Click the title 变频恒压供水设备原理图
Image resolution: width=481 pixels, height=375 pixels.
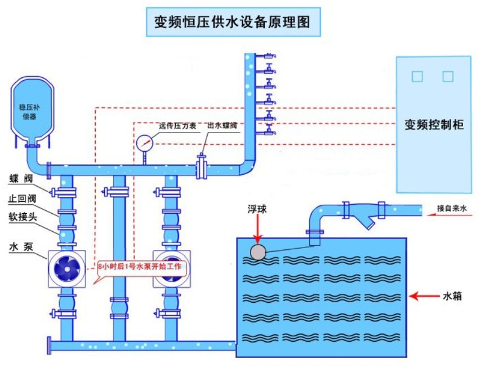(x=233, y=22)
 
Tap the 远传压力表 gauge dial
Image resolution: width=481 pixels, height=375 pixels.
(x=144, y=143)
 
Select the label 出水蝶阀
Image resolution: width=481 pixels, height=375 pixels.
(x=223, y=126)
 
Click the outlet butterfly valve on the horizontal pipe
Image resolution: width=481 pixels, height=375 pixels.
(x=202, y=167)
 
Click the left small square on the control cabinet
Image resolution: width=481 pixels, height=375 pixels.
(x=417, y=76)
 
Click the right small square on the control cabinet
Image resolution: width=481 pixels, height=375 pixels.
(x=448, y=76)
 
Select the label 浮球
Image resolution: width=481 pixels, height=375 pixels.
(x=258, y=209)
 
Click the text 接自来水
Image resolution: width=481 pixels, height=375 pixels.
(x=452, y=209)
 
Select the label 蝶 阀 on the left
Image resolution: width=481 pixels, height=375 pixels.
(x=21, y=179)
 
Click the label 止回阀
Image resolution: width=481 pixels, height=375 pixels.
(x=21, y=199)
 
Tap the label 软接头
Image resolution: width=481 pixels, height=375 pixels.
(x=21, y=217)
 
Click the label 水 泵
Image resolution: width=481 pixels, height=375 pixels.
(x=21, y=247)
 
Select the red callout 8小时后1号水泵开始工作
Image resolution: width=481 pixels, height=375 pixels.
(x=140, y=266)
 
